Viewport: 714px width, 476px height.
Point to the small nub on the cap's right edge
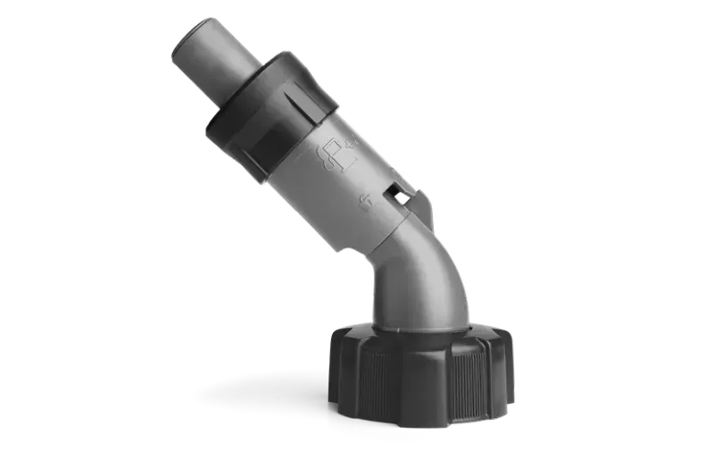click(517, 389)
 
